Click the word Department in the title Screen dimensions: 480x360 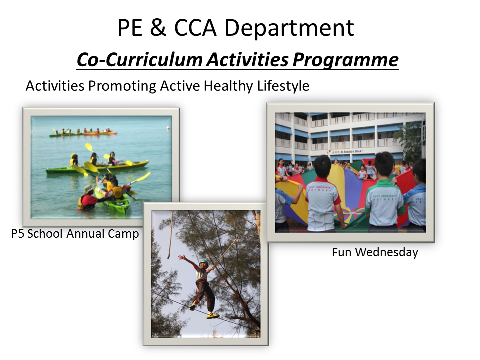[289, 28]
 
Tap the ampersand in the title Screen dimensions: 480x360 [158, 27]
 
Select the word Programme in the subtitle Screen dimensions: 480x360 [345, 60]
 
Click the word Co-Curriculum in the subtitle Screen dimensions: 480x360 [140, 59]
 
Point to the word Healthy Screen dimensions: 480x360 [228, 86]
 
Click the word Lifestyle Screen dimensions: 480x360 [283, 86]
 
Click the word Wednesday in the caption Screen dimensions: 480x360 [386, 253]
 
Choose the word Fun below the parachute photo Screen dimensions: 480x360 [342, 252]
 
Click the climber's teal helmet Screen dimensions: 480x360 [204, 262]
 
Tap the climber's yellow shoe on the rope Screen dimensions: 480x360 [213, 315]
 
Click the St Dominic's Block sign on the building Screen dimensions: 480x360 [348, 152]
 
